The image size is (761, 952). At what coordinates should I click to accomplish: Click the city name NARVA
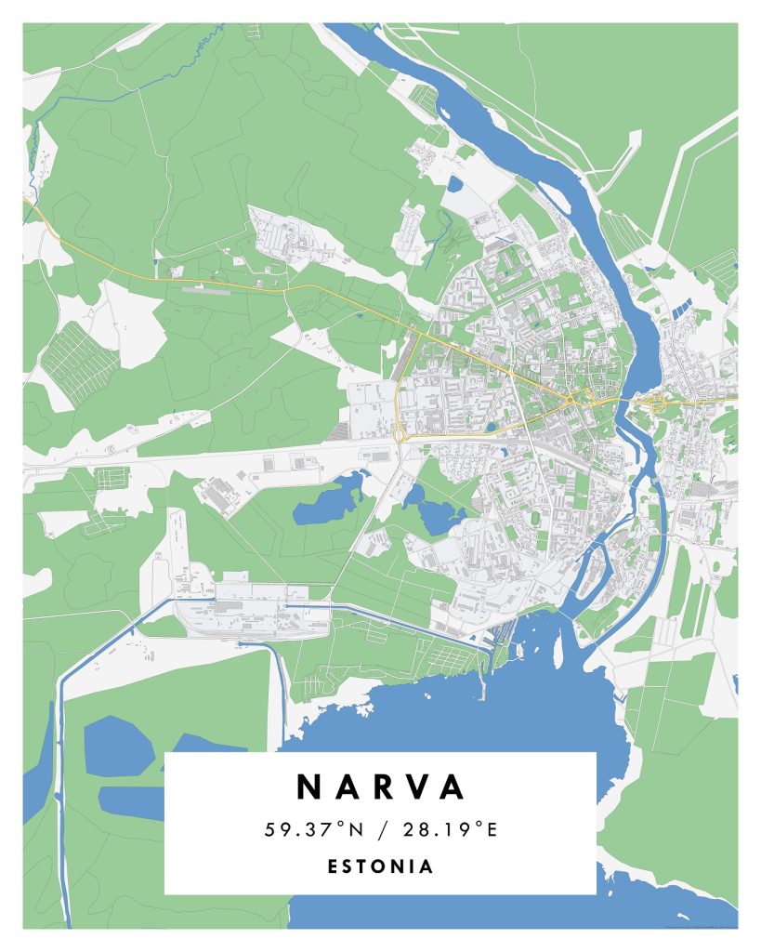pyautogui.click(x=380, y=787)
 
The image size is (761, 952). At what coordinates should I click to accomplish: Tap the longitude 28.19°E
pyautogui.click(x=452, y=829)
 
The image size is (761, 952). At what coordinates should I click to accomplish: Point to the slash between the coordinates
pyautogui.click(x=381, y=829)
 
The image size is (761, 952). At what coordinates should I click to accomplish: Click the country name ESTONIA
pyautogui.click(x=380, y=866)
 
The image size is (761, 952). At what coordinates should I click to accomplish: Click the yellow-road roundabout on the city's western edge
pyautogui.click(x=399, y=430)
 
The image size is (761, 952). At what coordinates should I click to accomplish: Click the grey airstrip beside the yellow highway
pyautogui.click(x=203, y=289)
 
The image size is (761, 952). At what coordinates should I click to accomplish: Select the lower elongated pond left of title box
pyautogui.click(x=130, y=801)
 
